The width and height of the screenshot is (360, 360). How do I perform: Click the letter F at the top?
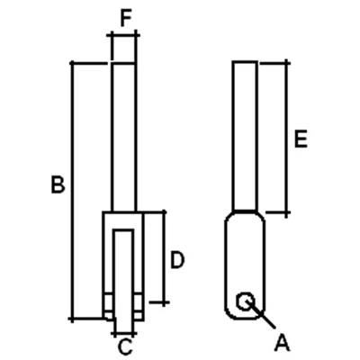coord(126,18)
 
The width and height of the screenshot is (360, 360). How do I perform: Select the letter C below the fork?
coord(125,346)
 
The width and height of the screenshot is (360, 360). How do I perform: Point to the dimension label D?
coord(177,260)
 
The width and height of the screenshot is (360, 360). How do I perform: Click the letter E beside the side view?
coord(301,139)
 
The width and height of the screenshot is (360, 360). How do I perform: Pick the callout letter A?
coord(283,343)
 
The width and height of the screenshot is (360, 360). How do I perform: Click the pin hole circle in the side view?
coord(246,301)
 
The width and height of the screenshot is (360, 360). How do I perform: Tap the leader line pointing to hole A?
coord(261,315)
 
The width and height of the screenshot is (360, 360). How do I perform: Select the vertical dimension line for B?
coord(72,191)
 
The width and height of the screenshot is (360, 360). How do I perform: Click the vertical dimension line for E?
coord(287,139)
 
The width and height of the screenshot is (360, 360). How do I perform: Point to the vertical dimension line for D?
coord(164,258)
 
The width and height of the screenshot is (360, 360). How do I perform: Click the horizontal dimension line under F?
coord(123,35)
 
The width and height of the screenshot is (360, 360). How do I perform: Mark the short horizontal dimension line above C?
coord(124,333)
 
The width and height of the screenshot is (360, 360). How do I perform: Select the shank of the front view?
coord(124,138)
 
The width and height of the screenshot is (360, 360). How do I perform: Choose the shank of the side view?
coord(245,137)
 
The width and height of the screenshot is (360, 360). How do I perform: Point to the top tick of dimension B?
coord(72,63)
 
